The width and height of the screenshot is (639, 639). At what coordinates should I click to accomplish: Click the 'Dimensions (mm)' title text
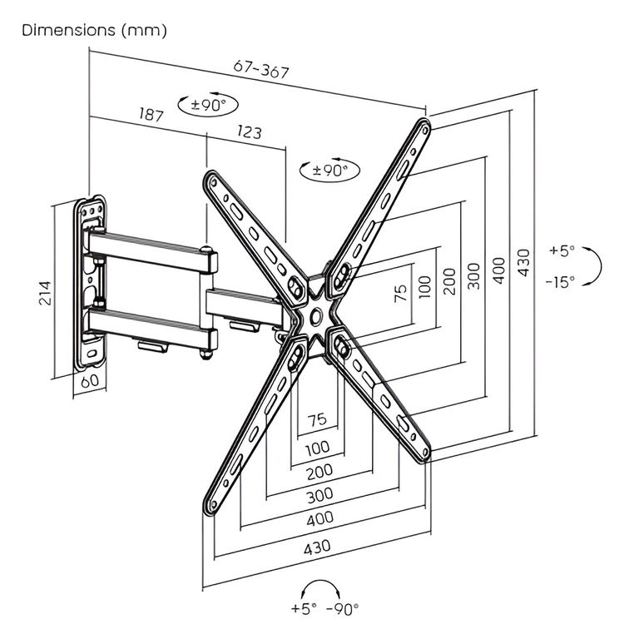click(94, 31)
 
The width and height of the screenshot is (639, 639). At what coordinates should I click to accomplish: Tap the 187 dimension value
click(150, 116)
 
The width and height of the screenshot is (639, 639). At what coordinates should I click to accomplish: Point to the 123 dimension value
click(248, 132)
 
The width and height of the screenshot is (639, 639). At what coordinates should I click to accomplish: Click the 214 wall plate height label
click(46, 291)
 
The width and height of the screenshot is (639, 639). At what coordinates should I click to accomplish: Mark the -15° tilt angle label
click(561, 282)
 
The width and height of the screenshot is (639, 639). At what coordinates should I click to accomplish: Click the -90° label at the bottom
click(343, 608)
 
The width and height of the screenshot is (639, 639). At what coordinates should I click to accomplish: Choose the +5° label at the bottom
click(304, 608)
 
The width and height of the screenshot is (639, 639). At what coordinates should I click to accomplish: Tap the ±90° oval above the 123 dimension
click(208, 105)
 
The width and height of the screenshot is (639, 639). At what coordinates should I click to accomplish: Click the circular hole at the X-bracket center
click(317, 315)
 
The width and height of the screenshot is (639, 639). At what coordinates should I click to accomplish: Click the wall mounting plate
click(92, 283)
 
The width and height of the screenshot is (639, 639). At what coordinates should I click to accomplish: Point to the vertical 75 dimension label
click(400, 293)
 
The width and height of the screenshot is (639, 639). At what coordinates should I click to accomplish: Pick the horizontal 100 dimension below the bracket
click(317, 449)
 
